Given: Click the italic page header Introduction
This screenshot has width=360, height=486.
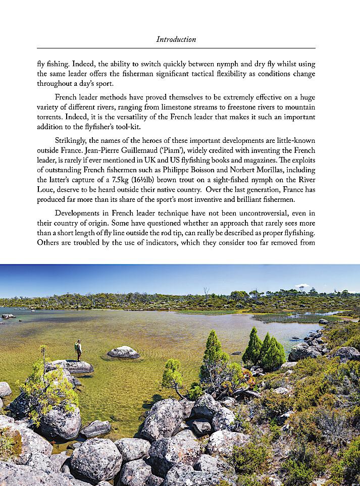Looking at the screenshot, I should click(x=176, y=39).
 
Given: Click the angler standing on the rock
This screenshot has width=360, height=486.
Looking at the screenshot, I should click(x=78, y=350).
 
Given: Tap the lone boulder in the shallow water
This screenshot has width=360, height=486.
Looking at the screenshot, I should click(x=123, y=352).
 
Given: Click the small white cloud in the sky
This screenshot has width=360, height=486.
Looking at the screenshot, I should click(x=301, y=286).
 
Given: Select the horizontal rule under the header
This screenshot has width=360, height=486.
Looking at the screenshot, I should click(x=176, y=48).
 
